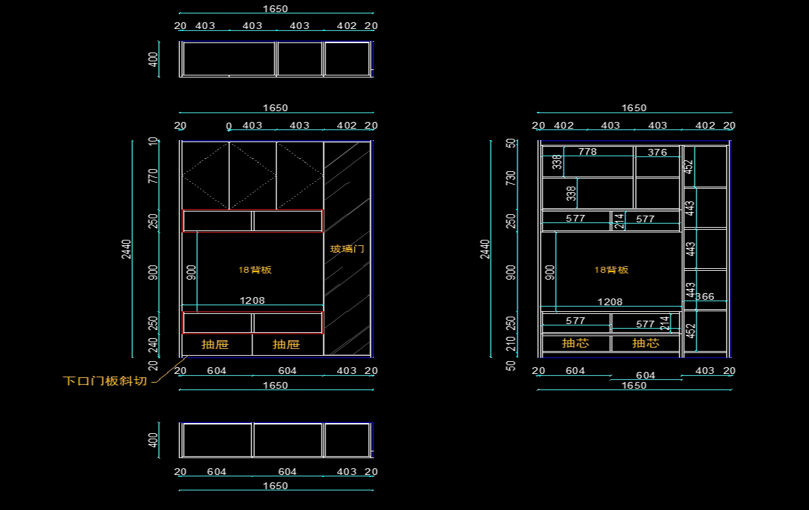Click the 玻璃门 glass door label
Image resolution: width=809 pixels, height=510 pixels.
pos(347,249)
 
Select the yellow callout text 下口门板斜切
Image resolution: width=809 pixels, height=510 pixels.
pos(104,381)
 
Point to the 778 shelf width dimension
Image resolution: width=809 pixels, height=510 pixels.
pos(587,152)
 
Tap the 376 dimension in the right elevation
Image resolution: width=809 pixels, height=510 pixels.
pos(657,152)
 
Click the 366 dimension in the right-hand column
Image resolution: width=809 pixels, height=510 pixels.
pos(705,296)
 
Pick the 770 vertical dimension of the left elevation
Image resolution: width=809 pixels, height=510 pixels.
pos(153,177)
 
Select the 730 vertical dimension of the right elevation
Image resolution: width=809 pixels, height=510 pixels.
pos(511,179)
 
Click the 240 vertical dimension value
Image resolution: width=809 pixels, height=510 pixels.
pos(153,345)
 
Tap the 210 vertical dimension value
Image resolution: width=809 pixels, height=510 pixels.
pos(511,345)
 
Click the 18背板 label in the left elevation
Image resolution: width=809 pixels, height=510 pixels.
pos(255,269)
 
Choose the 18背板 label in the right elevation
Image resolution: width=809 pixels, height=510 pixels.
pos(611,269)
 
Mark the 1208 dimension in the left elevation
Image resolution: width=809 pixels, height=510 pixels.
pos(252,300)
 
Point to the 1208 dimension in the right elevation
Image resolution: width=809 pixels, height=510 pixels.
pos(609,302)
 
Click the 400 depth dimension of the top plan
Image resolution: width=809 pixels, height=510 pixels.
pos(153,59)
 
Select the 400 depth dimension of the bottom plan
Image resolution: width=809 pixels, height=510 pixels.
pos(153,440)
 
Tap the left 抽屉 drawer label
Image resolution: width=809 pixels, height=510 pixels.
pos(215,344)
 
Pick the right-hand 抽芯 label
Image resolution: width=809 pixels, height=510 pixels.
pos(645,343)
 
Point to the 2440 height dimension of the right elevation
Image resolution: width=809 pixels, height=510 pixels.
pos(485,249)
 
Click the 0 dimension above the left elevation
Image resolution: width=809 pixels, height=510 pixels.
pos(229,126)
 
